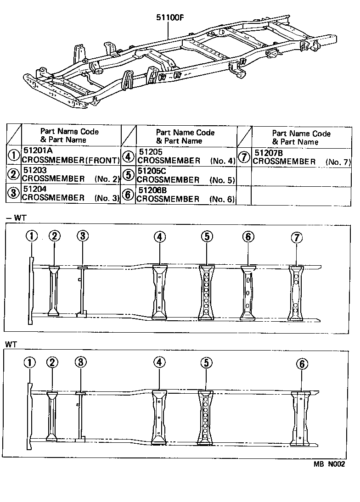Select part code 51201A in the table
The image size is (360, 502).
[36, 151]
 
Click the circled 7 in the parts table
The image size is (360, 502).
[244, 157]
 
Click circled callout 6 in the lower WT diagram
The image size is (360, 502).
[301, 364]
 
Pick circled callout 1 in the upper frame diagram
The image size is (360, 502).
[31, 236]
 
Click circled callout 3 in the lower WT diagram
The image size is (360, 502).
[80, 362]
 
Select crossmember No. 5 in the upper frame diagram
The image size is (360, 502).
[207, 291]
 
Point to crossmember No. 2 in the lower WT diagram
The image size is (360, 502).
[52, 416]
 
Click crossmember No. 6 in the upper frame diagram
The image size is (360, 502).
[248, 291]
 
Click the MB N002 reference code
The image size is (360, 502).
[329, 463]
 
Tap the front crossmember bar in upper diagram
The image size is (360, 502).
[31, 290]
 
